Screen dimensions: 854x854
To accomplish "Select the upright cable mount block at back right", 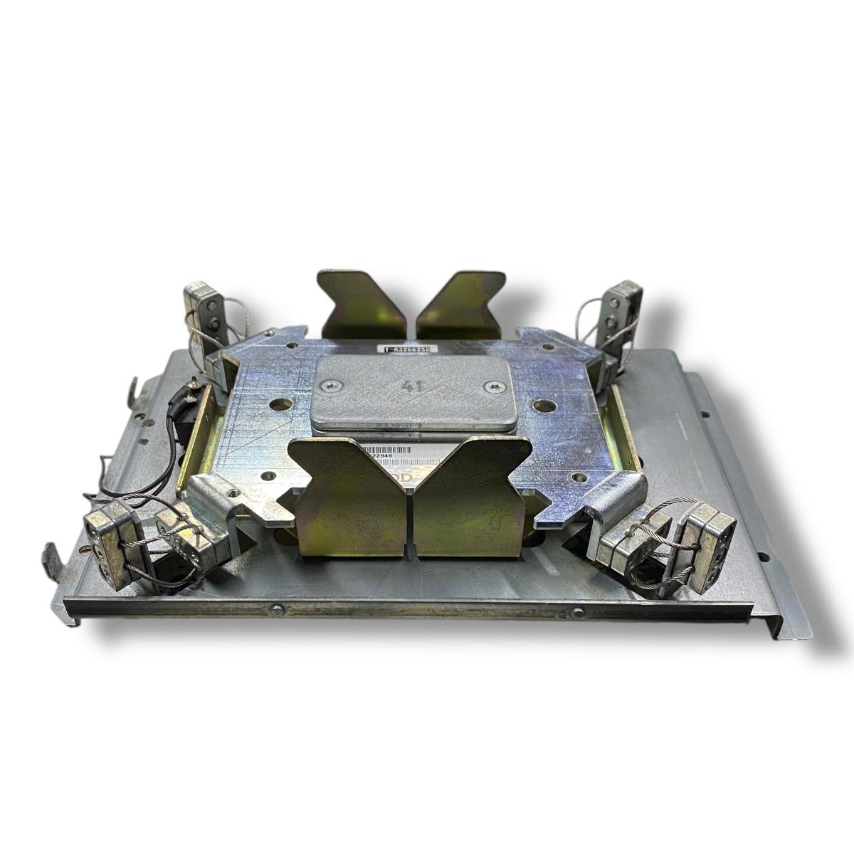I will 615,313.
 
